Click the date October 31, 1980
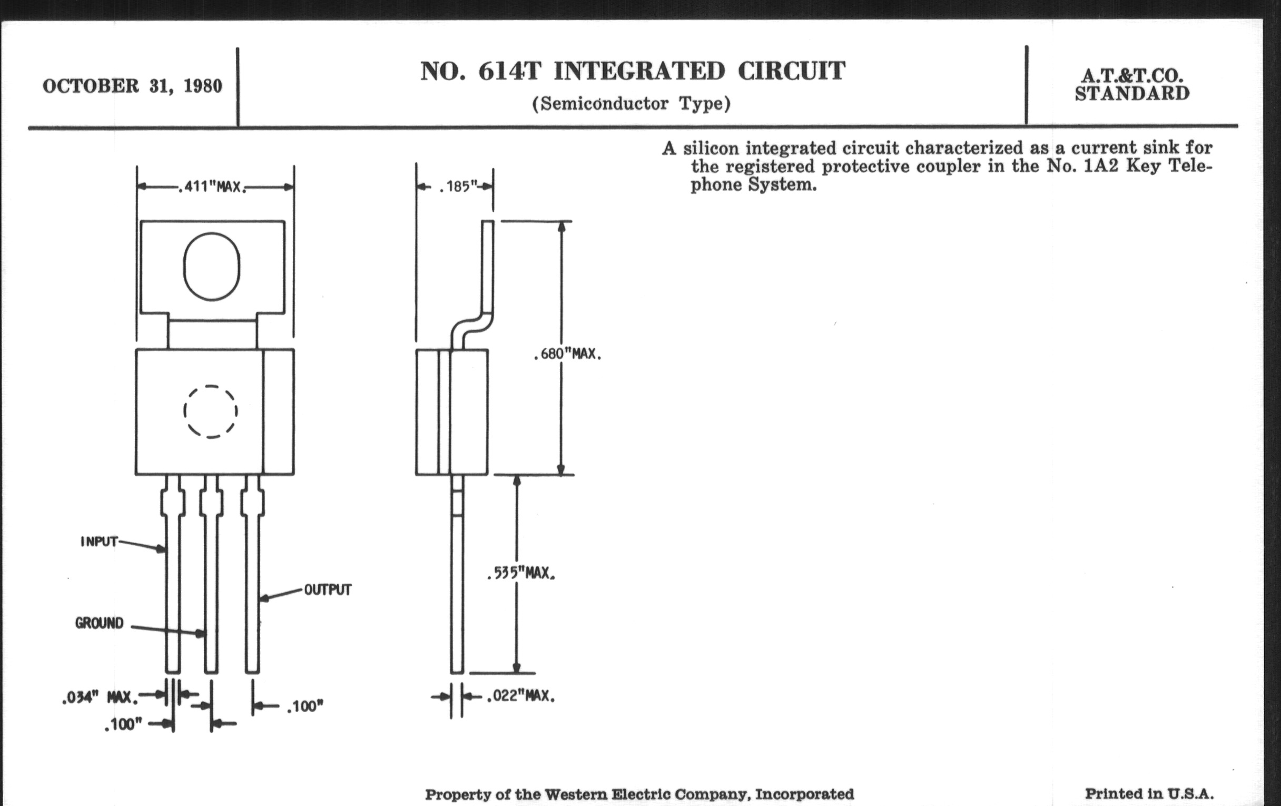(132, 86)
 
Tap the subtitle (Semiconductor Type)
(631, 103)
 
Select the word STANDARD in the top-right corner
(1132, 94)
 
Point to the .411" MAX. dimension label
(212, 187)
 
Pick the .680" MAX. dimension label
(567, 355)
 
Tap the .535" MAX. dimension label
(521, 574)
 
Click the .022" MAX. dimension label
(520, 696)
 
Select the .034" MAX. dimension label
(99, 697)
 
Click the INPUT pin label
(99, 542)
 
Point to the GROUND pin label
(99, 623)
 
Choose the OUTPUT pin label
(328, 589)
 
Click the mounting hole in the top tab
(212, 266)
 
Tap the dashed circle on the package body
(211, 412)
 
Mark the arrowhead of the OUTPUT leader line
(263, 599)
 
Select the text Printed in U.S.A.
(1149, 794)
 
